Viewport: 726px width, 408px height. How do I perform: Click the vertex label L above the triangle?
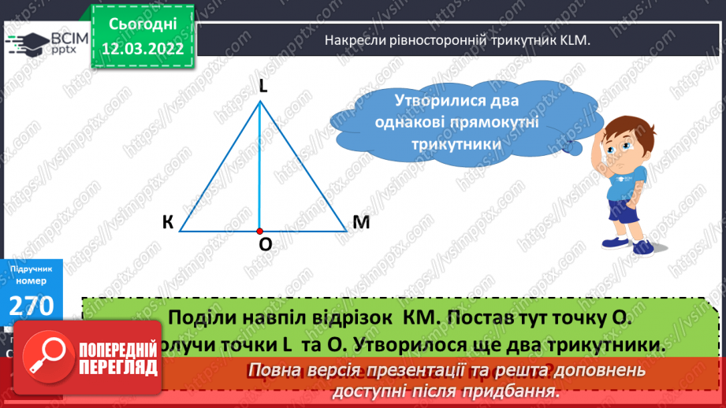(263, 87)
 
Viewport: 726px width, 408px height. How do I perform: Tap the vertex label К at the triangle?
(168, 223)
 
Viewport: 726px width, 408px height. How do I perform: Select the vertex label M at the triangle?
(361, 223)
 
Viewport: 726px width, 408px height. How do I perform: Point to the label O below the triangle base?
(266, 245)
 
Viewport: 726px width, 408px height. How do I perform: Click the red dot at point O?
(259, 232)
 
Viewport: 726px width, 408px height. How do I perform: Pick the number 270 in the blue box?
(31, 305)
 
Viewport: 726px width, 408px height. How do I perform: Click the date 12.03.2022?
(143, 47)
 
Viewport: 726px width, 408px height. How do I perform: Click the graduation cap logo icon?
(24, 42)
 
